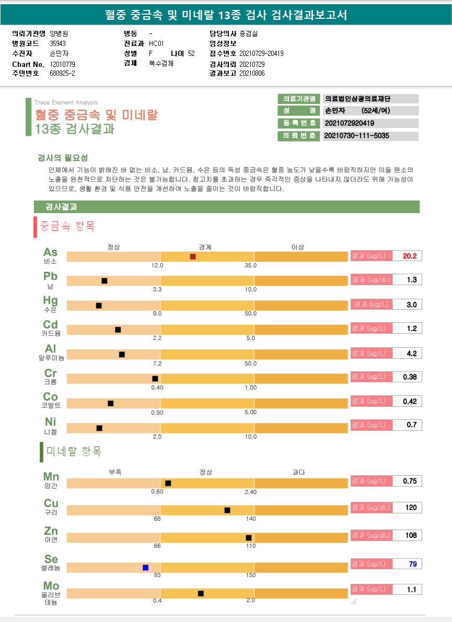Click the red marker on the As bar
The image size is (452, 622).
(193, 256)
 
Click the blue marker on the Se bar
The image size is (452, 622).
(146, 568)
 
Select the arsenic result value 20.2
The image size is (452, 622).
(409, 256)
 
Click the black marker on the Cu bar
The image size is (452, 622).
(227, 510)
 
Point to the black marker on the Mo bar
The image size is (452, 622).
(201, 593)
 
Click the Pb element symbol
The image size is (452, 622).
(50, 276)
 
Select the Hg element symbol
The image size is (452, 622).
(50, 301)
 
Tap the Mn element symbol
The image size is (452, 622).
(51, 477)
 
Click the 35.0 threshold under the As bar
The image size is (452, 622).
(251, 265)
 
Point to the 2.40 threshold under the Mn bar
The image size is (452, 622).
(250, 492)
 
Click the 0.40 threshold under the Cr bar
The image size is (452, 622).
(157, 388)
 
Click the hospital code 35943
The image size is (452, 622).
(57, 43)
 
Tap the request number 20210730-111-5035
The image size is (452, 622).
(357, 136)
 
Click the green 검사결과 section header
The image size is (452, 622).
(226, 207)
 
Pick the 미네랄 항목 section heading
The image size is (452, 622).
(74, 451)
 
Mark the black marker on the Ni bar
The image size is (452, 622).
(99, 428)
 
